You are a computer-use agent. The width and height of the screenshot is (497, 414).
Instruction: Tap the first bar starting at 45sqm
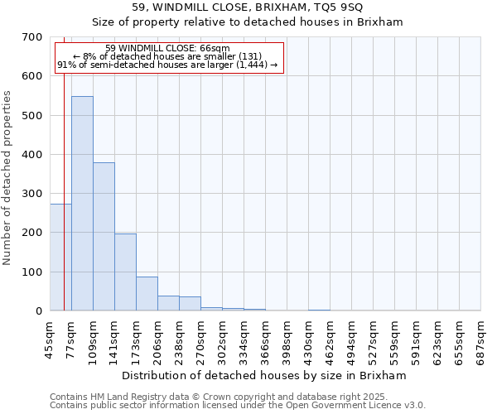pos(60,258)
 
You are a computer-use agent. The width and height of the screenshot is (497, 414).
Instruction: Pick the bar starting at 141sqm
pos(125,272)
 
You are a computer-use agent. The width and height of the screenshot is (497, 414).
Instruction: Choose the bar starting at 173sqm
pos(147,294)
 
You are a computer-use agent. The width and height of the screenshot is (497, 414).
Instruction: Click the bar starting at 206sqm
pos(168,303)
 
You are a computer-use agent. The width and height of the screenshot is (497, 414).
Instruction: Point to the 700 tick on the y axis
pos(33,37)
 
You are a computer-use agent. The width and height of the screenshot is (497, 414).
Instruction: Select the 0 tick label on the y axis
pos(39,311)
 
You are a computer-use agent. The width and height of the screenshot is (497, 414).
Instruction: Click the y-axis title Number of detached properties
pos(8,179)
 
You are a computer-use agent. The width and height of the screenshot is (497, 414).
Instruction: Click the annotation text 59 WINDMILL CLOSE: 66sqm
pos(168,49)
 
